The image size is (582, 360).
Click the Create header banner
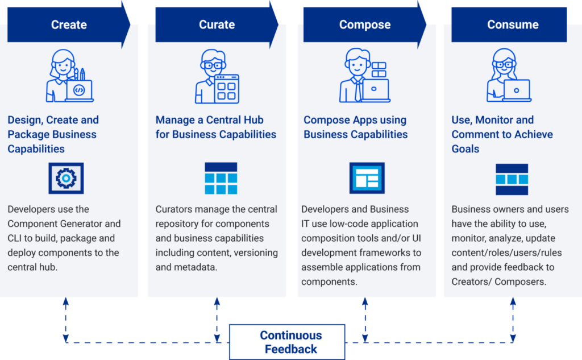click(69, 24)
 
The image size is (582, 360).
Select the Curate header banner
click(217, 24)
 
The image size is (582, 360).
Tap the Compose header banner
click(364, 24)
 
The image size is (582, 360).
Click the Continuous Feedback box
click(287, 342)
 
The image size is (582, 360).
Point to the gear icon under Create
click(66, 179)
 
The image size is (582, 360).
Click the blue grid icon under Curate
click(221, 179)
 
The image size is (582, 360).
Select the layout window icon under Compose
click(367, 179)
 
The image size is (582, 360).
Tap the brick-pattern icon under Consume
click(512, 179)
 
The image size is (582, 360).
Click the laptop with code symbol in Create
click(79, 90)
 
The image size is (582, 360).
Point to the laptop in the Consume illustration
click(516, 90)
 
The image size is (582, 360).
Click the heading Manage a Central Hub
click(210, 120)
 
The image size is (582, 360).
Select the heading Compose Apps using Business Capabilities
click(355, 127)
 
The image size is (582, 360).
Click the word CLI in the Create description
click(18, 238)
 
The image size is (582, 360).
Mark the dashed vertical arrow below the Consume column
click(513, 320)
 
